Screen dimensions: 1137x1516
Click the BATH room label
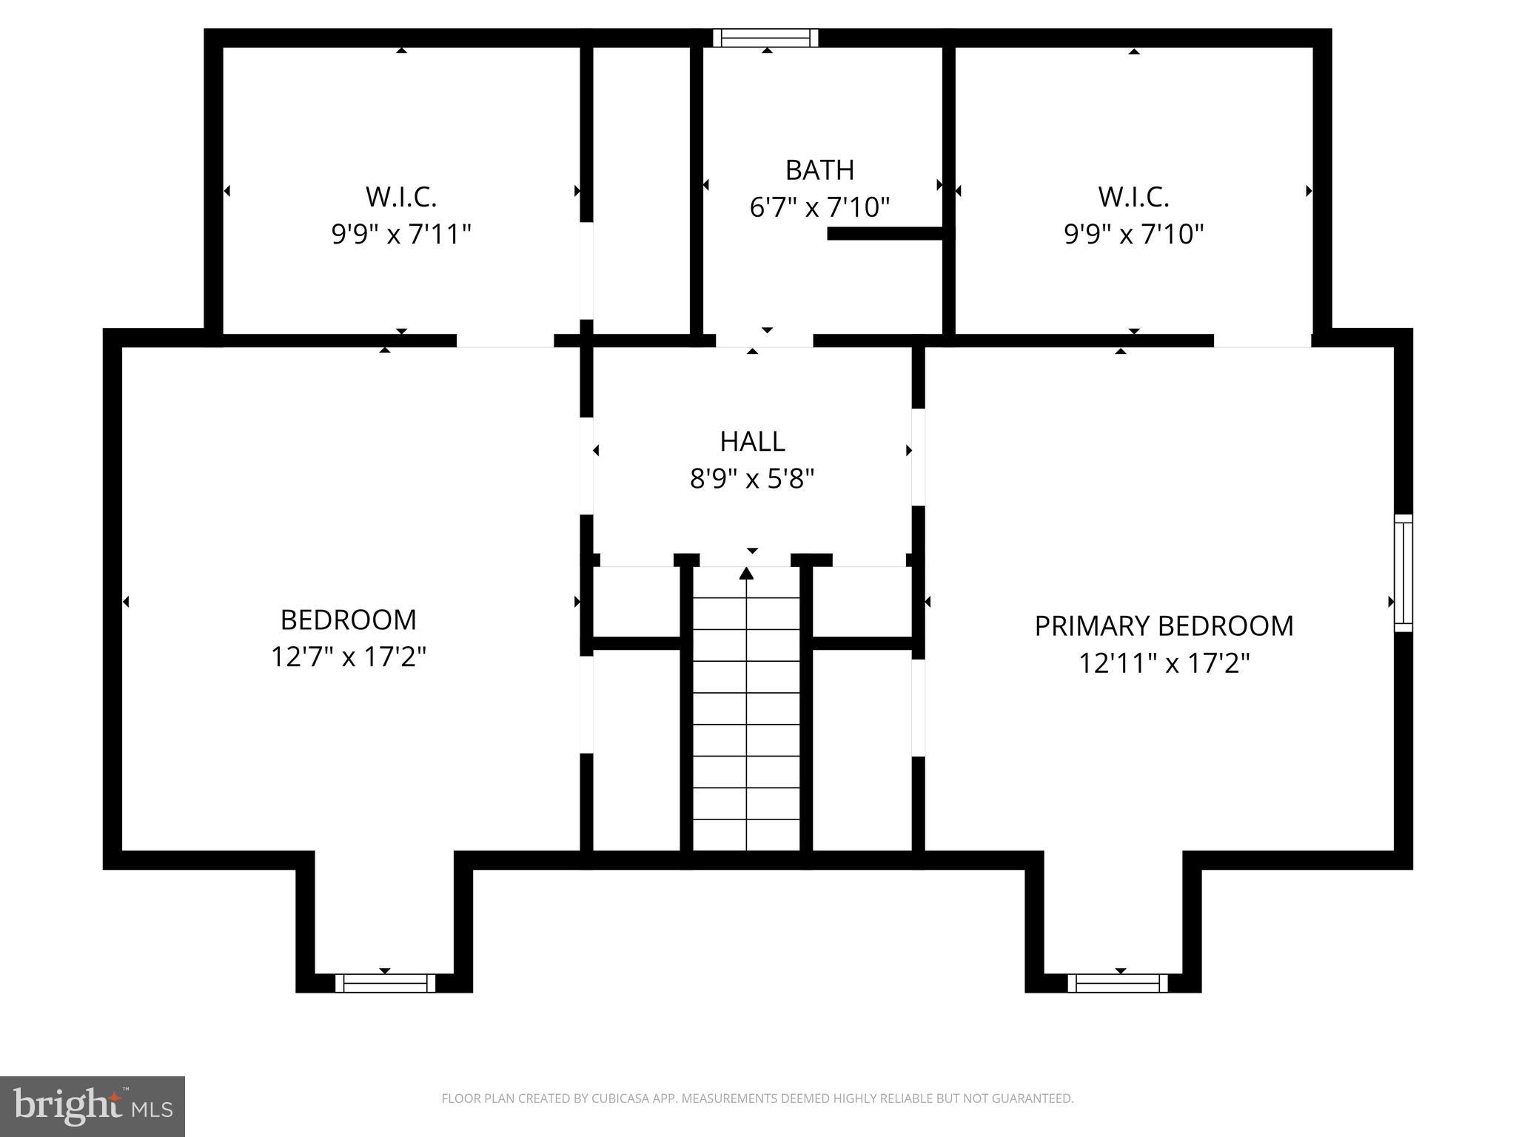pos(819,170)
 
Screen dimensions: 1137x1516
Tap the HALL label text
pos(752,442)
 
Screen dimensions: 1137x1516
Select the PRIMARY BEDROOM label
pos(1164,626)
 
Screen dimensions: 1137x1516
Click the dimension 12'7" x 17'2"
pos(349,657)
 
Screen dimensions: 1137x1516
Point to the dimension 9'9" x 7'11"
pos(401,235)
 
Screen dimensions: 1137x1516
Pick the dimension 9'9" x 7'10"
pos(1133,235)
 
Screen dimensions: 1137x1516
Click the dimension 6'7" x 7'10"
pos(819,207)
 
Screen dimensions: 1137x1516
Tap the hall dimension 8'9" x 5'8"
pos(752,479)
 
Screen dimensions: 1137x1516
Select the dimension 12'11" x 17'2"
pos(1164,663)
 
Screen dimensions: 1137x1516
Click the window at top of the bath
pos(766,38)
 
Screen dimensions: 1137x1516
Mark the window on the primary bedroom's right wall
pos(1403,573)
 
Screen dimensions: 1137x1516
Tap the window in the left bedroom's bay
pos(385,983)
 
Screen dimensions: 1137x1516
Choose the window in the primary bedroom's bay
pos(1118,983)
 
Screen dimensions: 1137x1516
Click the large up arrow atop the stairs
pos(746,573)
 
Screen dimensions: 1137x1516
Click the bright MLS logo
pos(92,1106)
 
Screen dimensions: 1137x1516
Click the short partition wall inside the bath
pos(885,234)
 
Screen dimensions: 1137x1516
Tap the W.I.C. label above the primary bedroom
pos(1133,198)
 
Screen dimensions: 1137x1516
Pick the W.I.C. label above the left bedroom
pos(401,198)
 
